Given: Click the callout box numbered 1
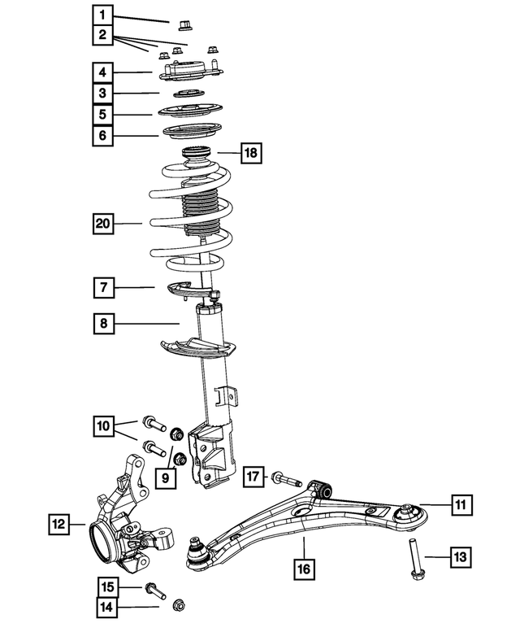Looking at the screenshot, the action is point(102,15).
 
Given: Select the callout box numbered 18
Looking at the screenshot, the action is point(251,153).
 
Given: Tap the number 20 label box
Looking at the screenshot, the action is point(103,224).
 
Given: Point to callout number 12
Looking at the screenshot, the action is point(58,524).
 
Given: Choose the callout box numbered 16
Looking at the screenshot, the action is point(304,569).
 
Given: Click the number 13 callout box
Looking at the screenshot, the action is point(461,557).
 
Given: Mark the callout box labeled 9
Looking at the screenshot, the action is point(165,478).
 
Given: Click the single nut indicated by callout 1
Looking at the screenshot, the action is point(184,25).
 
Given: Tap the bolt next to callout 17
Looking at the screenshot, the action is point(287,479).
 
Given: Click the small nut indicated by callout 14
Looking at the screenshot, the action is point(178,604).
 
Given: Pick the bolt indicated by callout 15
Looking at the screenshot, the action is point(155,590).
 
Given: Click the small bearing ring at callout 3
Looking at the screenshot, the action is point(189,94).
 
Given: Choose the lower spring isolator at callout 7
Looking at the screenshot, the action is point(190,290).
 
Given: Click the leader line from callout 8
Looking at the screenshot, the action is point(146,323).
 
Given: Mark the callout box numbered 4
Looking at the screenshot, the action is point(102,72).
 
